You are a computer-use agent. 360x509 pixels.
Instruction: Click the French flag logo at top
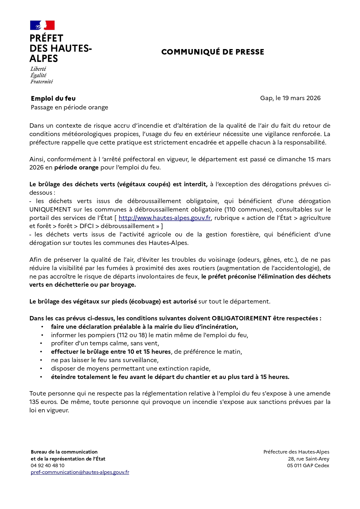point(42,25)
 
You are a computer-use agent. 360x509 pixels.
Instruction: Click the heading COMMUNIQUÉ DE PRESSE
point(213,52)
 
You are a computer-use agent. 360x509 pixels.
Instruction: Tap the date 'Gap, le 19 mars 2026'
point(290,98)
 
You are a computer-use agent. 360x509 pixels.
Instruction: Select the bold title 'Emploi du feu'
point(53,99)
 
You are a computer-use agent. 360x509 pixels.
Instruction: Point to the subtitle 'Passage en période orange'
point(69,107)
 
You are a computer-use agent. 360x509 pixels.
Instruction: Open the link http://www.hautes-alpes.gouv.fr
point(164,218)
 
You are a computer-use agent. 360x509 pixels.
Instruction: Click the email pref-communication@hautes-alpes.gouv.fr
point(80,472)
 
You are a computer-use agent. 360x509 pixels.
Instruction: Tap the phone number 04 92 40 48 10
point(48,465)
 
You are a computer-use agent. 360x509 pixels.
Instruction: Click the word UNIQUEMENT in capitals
point(50,210)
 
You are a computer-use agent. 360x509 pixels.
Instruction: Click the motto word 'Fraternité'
point(42,82)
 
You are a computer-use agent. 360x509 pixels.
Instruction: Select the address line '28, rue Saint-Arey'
point(309,459)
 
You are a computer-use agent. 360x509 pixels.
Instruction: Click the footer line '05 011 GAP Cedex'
point(308,465)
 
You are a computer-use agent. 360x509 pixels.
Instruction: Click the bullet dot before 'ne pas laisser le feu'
point(42,360)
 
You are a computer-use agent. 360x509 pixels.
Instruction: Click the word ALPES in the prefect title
point(44,59)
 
